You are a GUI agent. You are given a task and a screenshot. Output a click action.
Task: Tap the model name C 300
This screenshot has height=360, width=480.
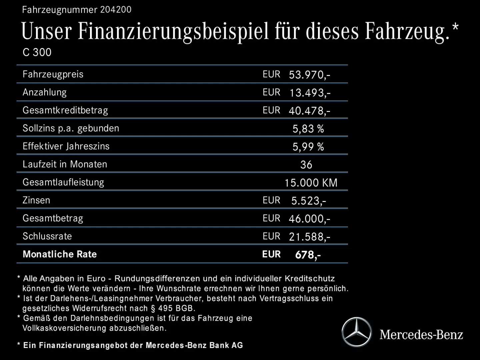(37, 52)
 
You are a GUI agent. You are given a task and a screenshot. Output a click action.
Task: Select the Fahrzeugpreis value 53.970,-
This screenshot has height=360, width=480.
(309, 75)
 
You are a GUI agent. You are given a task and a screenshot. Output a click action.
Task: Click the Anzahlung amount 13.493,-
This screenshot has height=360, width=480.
(310, 93)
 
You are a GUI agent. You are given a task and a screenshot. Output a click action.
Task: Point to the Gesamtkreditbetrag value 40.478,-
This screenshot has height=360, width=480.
(309, 111)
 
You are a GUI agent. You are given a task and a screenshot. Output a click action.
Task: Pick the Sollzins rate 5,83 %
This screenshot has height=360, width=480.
(308, 129)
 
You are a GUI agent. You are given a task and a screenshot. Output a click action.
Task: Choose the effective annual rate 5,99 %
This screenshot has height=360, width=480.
(308, 147)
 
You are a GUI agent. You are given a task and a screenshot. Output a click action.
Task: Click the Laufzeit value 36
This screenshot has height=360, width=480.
(306, 165)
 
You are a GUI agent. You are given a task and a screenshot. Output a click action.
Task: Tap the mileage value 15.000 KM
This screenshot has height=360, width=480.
(311, 183)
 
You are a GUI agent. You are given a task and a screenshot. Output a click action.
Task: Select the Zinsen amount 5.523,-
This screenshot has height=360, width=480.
(309, 201)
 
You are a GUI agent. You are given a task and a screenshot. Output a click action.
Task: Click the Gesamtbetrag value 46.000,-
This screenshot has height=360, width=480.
(309, 219)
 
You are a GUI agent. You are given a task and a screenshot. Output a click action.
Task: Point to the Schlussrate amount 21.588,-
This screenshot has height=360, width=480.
(309, 237)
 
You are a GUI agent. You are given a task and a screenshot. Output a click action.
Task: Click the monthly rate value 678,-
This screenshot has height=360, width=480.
(308, 255)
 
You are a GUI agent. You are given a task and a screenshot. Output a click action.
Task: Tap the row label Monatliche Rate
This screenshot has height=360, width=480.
(60, 254)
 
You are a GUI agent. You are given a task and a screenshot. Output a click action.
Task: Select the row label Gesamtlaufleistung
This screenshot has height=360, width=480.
(63, 182)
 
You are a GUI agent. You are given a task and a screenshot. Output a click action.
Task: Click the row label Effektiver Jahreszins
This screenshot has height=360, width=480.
(66, 146)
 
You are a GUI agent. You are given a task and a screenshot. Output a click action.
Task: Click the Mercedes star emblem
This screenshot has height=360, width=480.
(356, 332)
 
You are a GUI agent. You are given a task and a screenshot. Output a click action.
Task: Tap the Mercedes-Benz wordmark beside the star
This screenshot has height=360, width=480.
(421, 334)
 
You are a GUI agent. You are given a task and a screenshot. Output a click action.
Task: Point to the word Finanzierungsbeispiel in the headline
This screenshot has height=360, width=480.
(173, 31)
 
